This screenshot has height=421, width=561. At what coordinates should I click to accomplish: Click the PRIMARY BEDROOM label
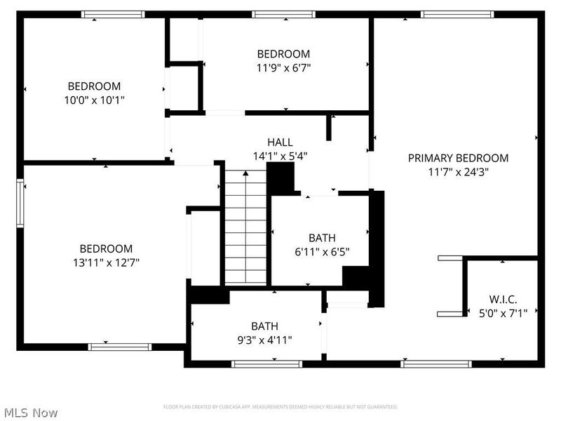458,158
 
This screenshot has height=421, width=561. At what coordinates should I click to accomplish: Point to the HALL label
280,142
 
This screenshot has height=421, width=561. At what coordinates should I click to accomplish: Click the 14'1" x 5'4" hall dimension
280,156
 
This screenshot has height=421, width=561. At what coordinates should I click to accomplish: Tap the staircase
245,228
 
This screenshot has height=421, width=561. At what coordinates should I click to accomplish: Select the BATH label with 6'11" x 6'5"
322,237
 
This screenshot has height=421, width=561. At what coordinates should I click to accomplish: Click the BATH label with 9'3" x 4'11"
264,326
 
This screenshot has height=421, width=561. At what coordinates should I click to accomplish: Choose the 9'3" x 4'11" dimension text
264,340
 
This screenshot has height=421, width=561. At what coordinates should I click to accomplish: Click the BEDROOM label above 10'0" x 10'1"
94,86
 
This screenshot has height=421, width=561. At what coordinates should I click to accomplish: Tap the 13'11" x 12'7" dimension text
106,262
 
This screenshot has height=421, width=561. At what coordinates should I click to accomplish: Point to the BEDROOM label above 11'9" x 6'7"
283,54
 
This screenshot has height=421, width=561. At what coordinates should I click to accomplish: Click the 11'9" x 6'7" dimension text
283,68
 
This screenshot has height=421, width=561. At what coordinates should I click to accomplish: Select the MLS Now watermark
30,413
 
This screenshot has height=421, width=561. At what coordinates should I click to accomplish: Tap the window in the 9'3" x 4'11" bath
266,363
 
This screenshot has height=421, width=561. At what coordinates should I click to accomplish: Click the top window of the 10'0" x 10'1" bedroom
114,14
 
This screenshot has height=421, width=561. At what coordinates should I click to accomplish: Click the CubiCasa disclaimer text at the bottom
280,407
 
